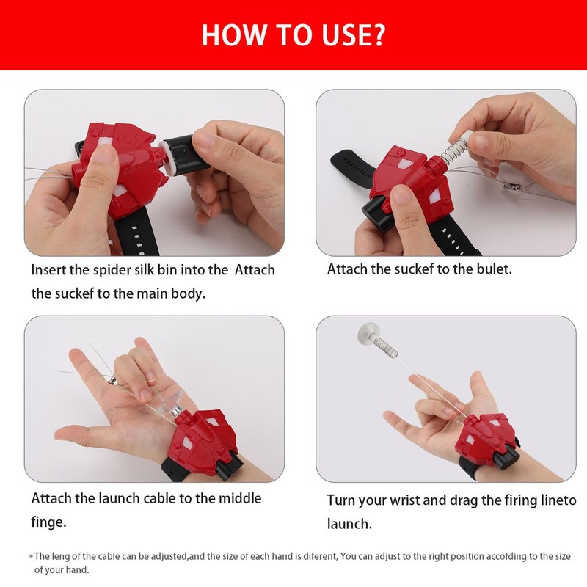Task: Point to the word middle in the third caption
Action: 240,498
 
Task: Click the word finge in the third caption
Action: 48,522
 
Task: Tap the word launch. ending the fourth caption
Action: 350,524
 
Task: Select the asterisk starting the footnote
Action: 31,557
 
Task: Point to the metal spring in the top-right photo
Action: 453,150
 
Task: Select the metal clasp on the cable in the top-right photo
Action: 511,186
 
